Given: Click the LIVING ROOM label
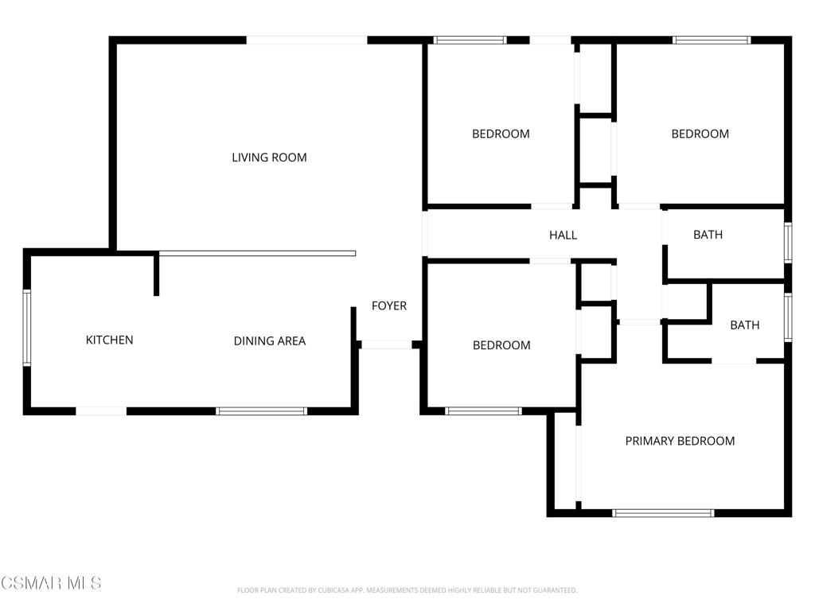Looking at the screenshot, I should (269, 158).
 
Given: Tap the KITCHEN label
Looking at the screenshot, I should (109, 340).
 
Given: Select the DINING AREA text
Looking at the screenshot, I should (269, 341).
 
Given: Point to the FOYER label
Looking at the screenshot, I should (389, 305).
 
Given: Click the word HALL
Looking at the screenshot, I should (563, 235).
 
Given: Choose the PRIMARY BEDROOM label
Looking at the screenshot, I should (680, 441).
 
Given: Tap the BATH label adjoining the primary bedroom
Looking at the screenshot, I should (744, 325).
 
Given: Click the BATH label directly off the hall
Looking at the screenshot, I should (708, 235).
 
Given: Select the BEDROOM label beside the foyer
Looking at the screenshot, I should (501, 345).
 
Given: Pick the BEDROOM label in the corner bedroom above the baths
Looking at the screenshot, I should (700, 134).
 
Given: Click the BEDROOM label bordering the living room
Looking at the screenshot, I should (501, 134).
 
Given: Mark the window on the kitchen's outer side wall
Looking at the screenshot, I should (27, 328).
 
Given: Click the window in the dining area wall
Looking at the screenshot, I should (261, 411).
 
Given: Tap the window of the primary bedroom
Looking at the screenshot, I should (663, 513).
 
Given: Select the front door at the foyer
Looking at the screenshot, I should (386, 344).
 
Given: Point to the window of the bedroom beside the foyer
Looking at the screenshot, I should (483, 411).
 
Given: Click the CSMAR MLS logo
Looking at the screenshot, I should (51, 583).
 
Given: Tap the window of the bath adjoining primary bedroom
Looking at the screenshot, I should (788, 317).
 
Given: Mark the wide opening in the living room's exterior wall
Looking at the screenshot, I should (306, 40).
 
